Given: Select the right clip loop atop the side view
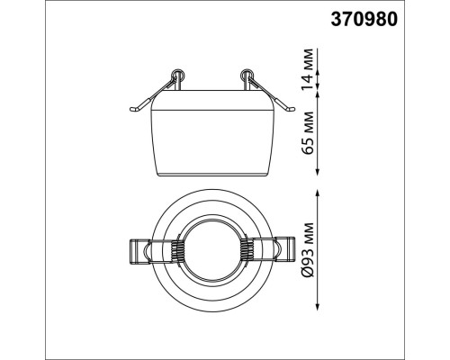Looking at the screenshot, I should (247, 75).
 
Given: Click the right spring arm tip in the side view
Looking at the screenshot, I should (291, 109).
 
